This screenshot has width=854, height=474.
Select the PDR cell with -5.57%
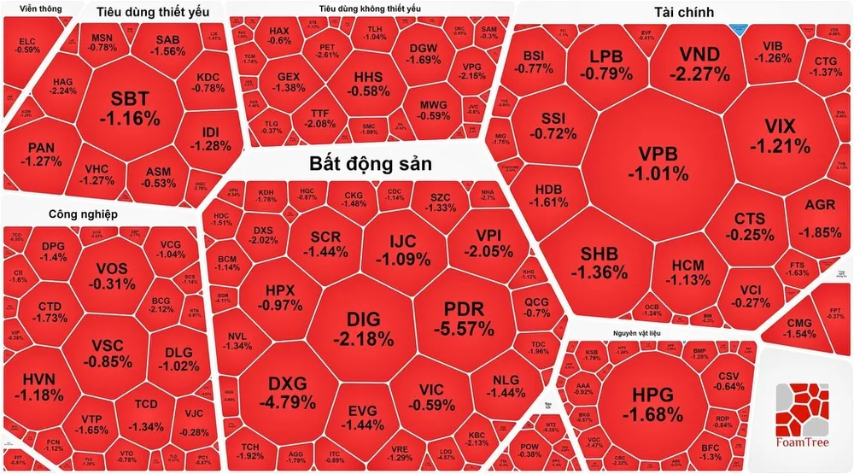464,318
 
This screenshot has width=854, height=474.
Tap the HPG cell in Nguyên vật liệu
652,404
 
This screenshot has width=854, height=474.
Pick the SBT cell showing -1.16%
129,108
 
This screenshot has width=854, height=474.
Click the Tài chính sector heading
684,11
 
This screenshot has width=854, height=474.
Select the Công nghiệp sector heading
82,214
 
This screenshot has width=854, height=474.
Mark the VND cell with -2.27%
699,65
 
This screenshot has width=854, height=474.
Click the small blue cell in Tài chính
740,28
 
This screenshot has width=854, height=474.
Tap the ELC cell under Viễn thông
28,44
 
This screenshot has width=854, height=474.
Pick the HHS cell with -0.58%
368,84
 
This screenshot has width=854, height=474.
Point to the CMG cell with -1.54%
800,328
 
